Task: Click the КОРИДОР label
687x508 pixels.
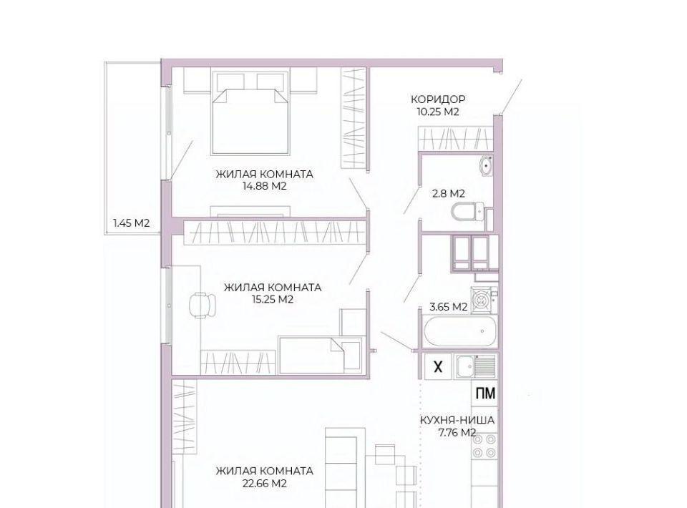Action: click(438, 99)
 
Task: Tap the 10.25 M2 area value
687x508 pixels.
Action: click(438, 112)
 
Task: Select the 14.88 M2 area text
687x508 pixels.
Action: click(264, 186)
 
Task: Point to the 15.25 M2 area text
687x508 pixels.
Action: click(272, 300)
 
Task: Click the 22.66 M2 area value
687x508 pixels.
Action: click(264, 484)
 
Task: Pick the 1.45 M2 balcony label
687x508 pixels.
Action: click(132, 223)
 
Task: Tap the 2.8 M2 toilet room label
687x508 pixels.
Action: click(449, 193)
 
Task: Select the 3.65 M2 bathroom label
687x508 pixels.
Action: click(449, 306)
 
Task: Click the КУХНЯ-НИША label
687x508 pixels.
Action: click(457, 421)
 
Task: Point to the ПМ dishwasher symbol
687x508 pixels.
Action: click(485, 394)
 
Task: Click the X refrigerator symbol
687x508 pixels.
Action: click(438, 366)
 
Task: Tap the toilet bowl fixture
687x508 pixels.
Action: click(467, 213)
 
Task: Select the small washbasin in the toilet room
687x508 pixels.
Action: click(486, 166)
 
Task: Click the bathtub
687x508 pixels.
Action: click(460, 331)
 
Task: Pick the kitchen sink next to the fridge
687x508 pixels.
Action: click(475, 366)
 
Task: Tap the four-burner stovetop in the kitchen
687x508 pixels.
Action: click(484, 446)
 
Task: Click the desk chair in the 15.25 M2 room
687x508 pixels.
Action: click(203, 304)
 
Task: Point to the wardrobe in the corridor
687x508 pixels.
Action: click(455, 138)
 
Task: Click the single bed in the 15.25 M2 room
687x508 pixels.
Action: click(321, 355)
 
